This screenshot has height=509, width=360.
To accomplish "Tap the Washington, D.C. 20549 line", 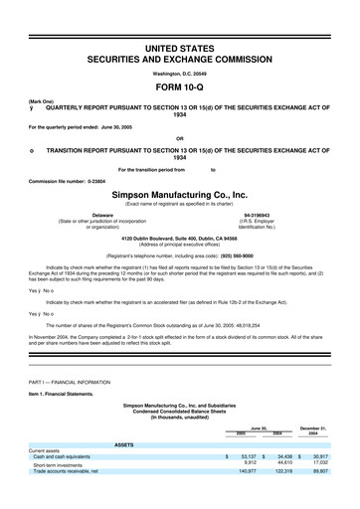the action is point(179,63).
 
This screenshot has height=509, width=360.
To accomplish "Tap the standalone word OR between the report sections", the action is point(179,137).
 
